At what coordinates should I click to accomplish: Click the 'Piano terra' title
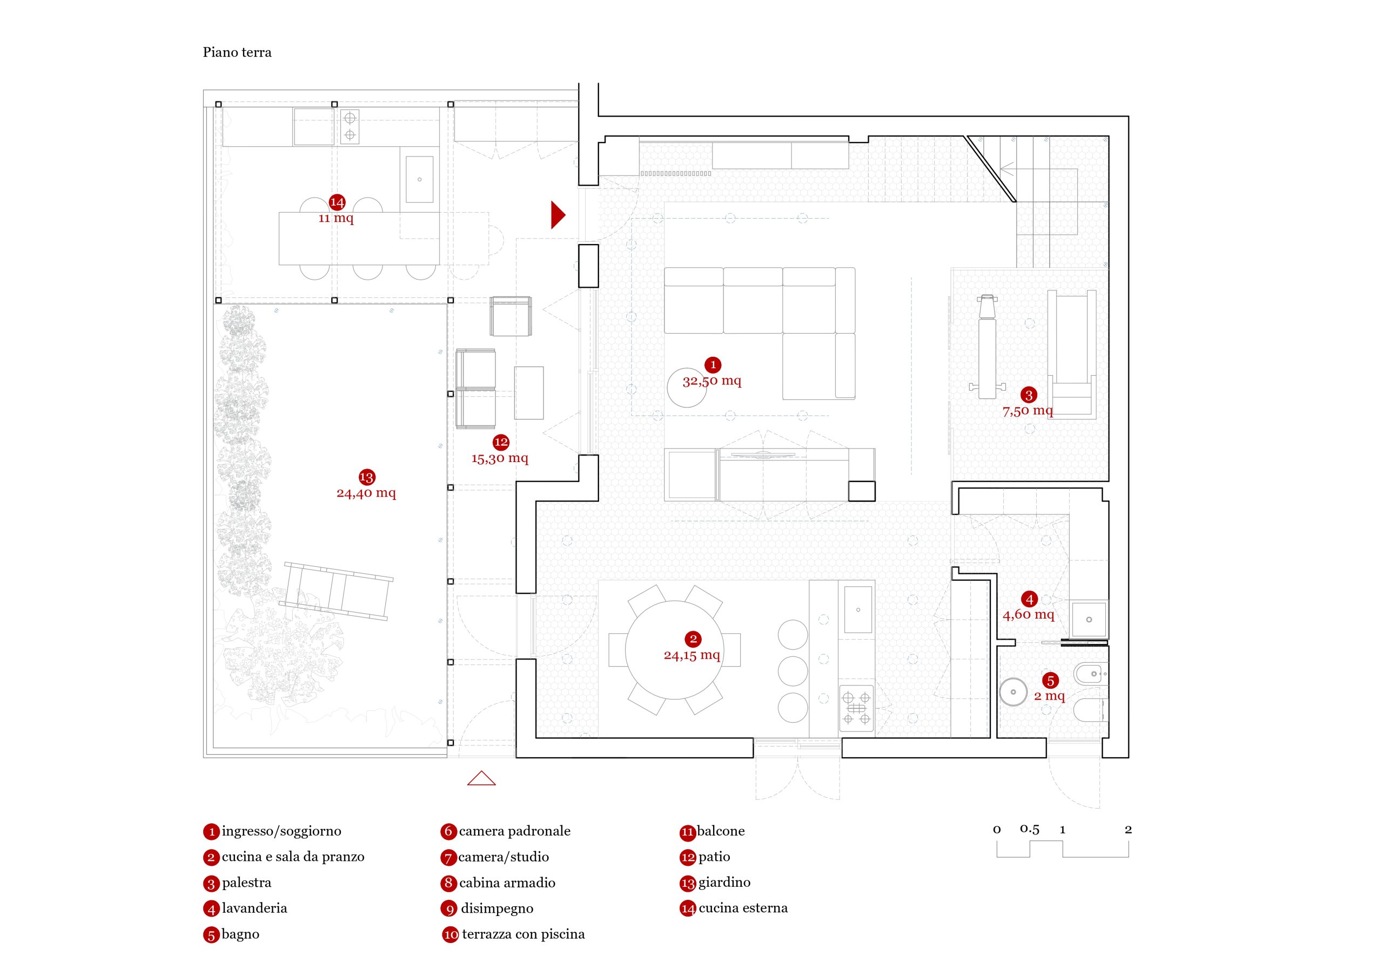point(237,52)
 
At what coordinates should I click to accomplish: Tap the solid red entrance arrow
point(557,215)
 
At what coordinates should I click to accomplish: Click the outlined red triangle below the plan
point(481,779)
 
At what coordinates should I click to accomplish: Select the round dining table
point(674,650)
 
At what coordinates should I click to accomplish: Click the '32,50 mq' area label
point(711,381)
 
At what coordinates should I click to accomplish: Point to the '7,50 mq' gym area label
point(1028,411)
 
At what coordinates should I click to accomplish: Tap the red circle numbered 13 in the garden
point(366,477)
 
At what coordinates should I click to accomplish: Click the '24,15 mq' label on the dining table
point(691,655)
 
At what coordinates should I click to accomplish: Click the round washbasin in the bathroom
point(1013,693)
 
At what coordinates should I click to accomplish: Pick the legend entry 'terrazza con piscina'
point(523,934)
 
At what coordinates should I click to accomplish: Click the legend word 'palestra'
point(246,883)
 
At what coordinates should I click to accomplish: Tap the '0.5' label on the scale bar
point(1030,829)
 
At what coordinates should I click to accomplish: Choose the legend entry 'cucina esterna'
point(743,908)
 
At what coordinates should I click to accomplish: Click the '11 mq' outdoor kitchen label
point(336,218)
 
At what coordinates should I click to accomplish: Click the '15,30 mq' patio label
point(499,459)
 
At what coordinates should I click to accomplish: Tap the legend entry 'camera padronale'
point(514,831)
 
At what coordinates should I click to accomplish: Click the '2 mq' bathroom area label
point(1049,696)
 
